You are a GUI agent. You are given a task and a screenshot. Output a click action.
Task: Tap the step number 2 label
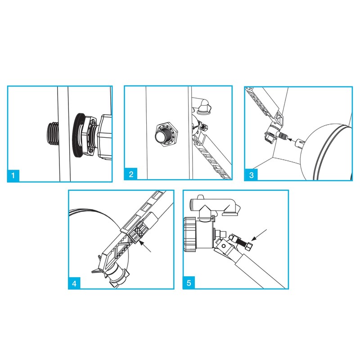pos(131,175)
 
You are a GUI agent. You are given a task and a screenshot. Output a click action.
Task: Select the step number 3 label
pos(251,175)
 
